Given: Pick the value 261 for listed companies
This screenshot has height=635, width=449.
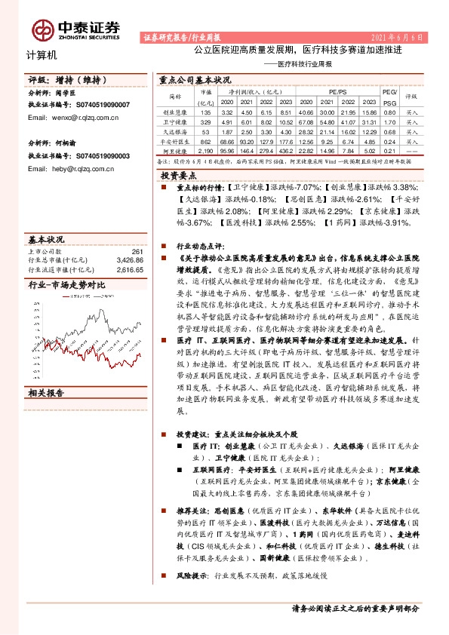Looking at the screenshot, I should pos(137,251).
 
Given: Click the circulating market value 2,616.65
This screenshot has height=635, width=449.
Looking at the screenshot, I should pos(129,268).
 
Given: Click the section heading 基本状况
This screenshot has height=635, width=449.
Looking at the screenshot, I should pos(45,238).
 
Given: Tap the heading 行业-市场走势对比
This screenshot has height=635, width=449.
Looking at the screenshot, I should pos(66,285).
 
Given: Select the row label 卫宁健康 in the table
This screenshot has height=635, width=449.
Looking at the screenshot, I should pos(174,120).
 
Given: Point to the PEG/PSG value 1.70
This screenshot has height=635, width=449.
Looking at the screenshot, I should pos(389,120).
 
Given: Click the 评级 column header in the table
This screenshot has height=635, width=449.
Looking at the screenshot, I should pos(411,97).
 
